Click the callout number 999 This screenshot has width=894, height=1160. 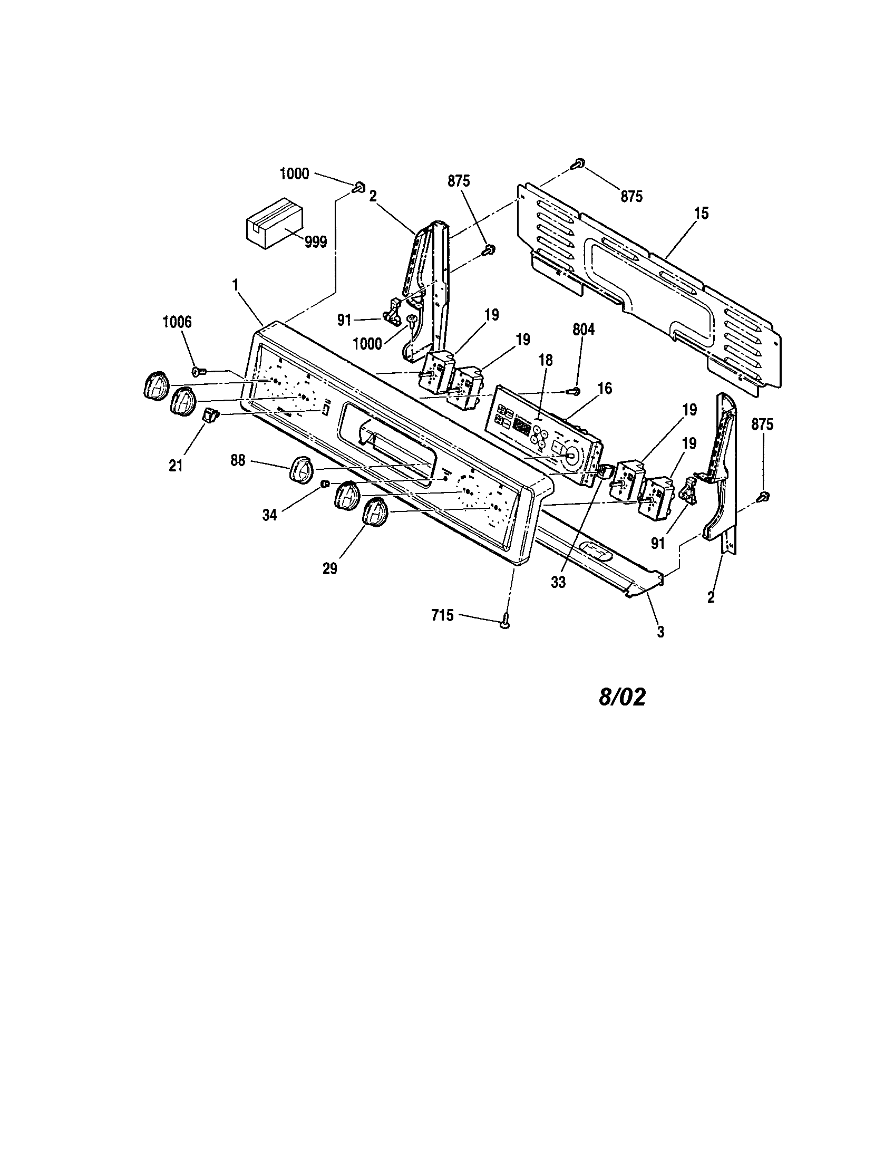click(x=316, y=242)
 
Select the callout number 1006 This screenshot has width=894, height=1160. click(x=177, y=323)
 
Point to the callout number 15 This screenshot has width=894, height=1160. click(x=701, y=214)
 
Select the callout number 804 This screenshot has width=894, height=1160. click(x=584, y=330)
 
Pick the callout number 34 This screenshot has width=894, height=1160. click(x=270, y=515)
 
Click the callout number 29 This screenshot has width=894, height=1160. click(x=329, y=569)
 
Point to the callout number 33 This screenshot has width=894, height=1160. click(x=558, y=582)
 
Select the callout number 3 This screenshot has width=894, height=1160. click(x=660, y=632)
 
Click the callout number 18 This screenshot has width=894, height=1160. click(x=545, y=361)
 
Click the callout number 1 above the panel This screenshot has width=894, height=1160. click(x=235, y=285)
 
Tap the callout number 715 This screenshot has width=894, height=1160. click(x=442, y=615)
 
